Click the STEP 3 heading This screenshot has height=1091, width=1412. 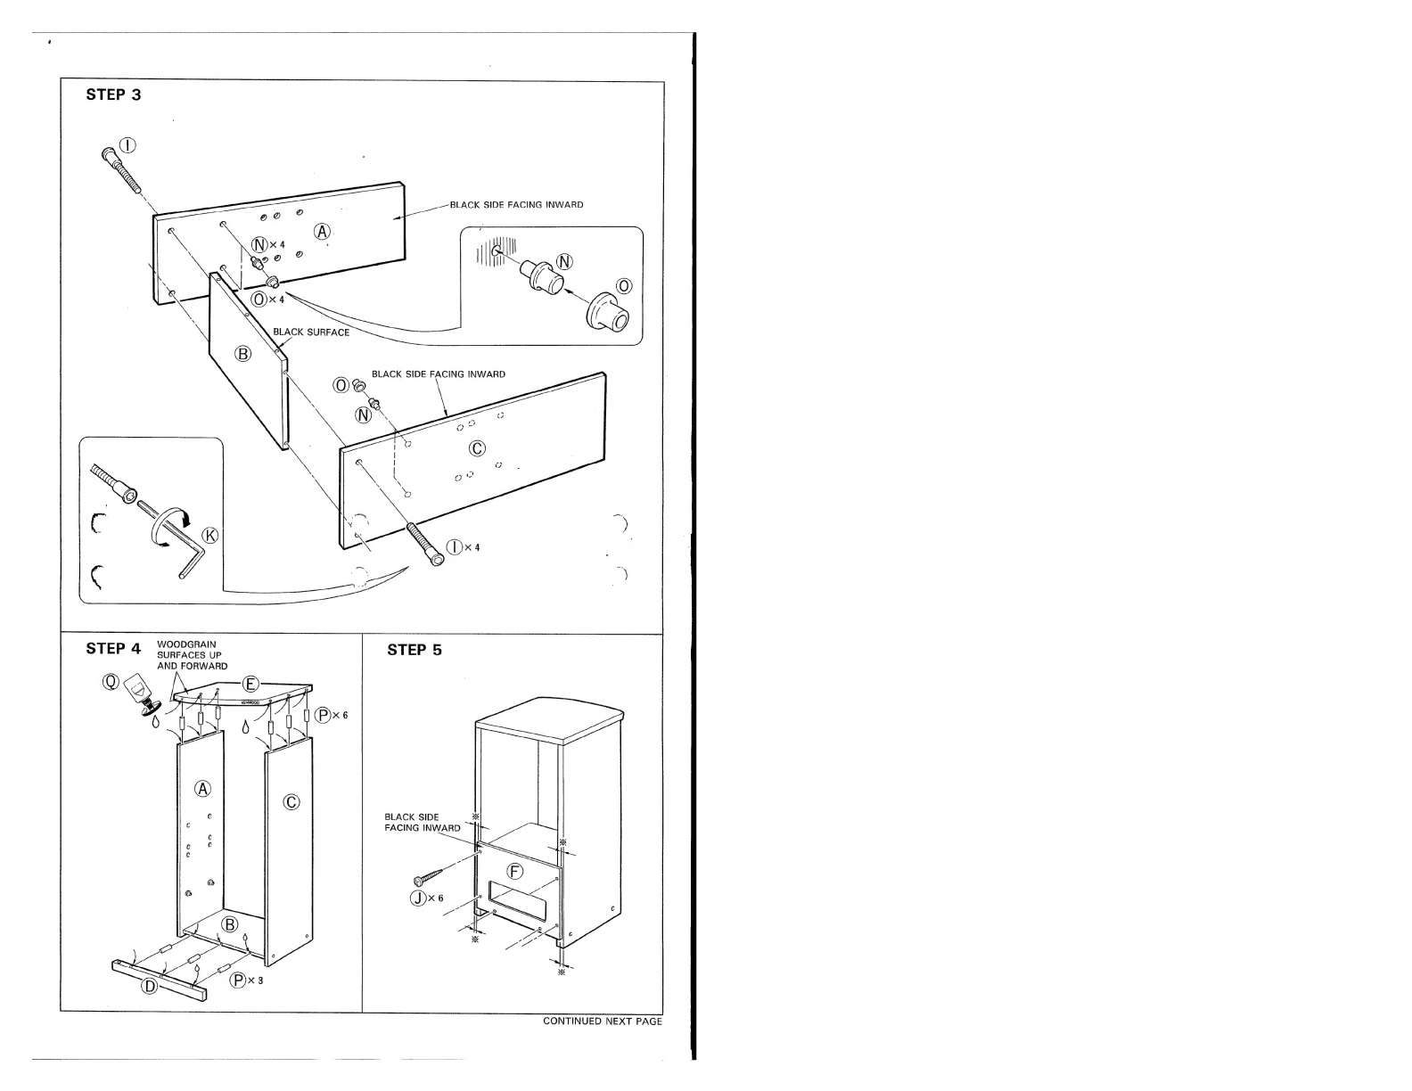click(x=113, y=94)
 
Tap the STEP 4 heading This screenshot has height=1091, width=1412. click(x=113, y=649)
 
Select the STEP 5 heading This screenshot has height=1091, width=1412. click(x=414, y=650)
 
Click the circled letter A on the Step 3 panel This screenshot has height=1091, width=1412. click(x=323, y=232)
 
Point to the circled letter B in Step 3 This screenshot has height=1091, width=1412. click(x=243, y=354)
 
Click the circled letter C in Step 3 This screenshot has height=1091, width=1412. click(x=477, y=448)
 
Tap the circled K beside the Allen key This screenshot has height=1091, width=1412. click(x=209, y=536)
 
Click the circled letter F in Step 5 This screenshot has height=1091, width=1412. click(x=514, y=872)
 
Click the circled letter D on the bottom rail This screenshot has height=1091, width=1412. click(x=150, y=987)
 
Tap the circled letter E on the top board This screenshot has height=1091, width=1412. click(x=250, y=684)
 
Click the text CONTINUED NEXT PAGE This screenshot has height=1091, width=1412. click(x=603, y=1021)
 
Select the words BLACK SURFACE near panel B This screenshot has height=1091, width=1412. click(x=311, y=332)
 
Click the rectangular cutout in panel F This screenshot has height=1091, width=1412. click(x=517, y=901)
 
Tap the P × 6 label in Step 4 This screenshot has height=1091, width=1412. click(x=332, y=716)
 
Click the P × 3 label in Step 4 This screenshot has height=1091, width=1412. click(x=247, y=980)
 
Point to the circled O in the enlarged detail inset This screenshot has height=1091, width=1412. click(x=624, y=286)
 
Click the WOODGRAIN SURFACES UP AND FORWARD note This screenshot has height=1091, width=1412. click(x=193, y=655)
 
